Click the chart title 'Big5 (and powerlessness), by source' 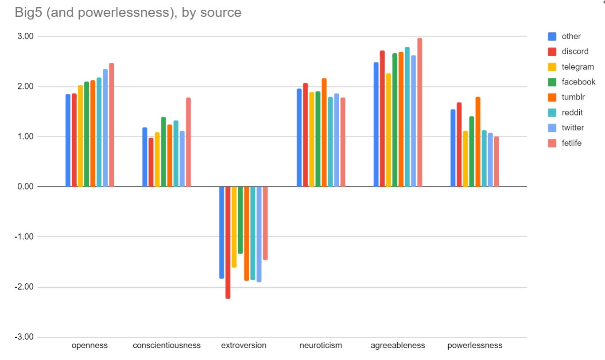pyautogui.click(x=128, y=12)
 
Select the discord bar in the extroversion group pyautogui.click(x=228, y=242)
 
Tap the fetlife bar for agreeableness pyautogui.click(x=419, y=112)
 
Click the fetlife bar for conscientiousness pyautogui.click(x=188, y=142)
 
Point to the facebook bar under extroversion pyautogui.click(x=240, y=220)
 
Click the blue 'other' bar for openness pyautogui.click(x=68, y=140)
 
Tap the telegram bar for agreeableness pyautogui.click(x=388, y=130)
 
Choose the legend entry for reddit pyautogui.click(x=572, y=112)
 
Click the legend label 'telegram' pyautogui.click(x=578, y=67)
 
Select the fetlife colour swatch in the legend pyautogui.click(x=552, y=143)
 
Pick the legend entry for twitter pyautogui.click(x=573, y=128)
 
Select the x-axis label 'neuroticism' pyautogui.click(x=321, y=345)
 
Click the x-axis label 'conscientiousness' pyautogui.click(x=167, y=345)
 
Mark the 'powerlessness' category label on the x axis pyautogui.click(x=475, y=345)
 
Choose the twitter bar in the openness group pyautogui.click(x=105, y=128)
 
